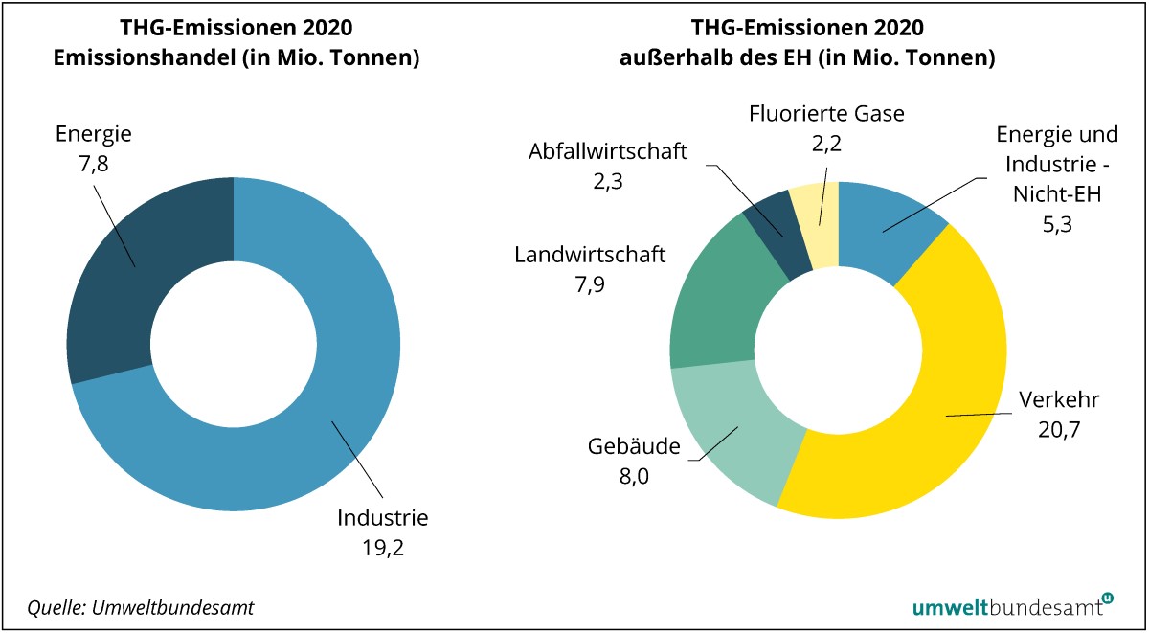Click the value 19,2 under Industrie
383,550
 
